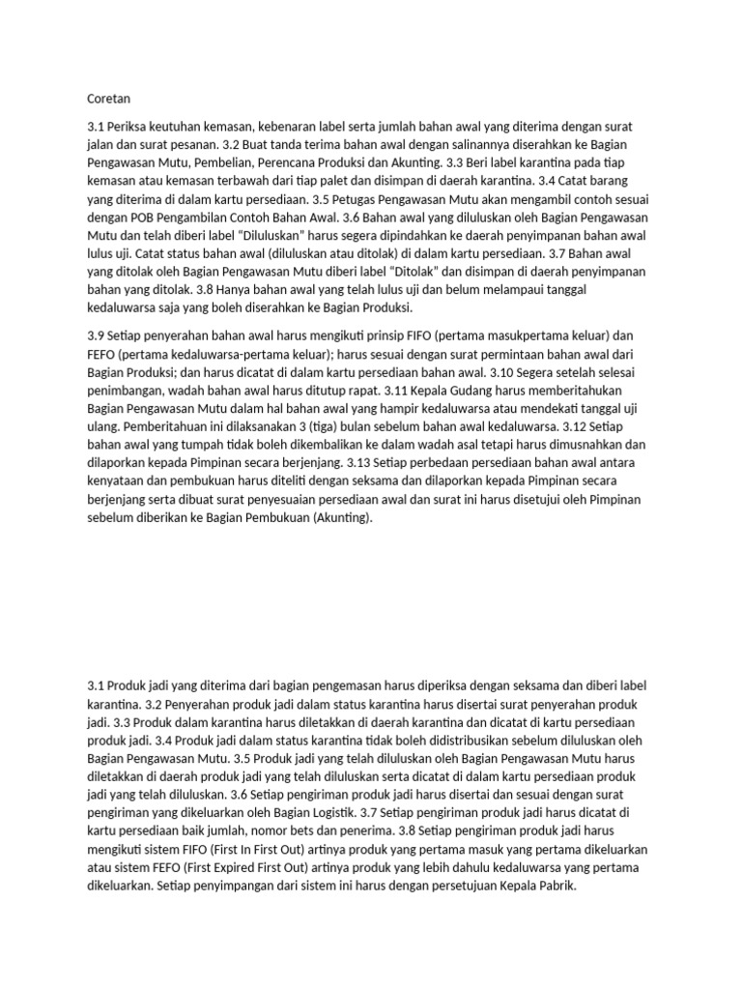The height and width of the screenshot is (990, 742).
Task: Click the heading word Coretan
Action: coord(108,99)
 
